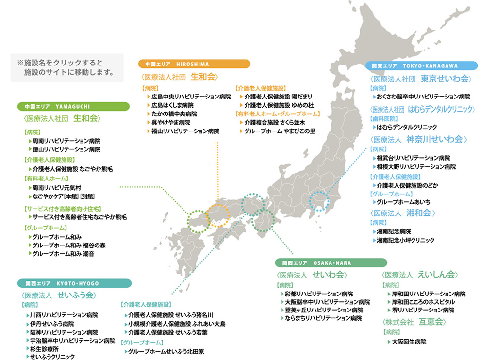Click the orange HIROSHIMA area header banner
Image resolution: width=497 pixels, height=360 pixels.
pos(194,64)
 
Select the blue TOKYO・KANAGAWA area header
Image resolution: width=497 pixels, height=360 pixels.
pos(421,65)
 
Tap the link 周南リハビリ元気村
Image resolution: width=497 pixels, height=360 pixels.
pos(57,187)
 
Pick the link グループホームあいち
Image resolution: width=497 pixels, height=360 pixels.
pos(403,202)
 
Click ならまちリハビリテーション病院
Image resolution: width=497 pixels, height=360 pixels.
pos(323,318)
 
